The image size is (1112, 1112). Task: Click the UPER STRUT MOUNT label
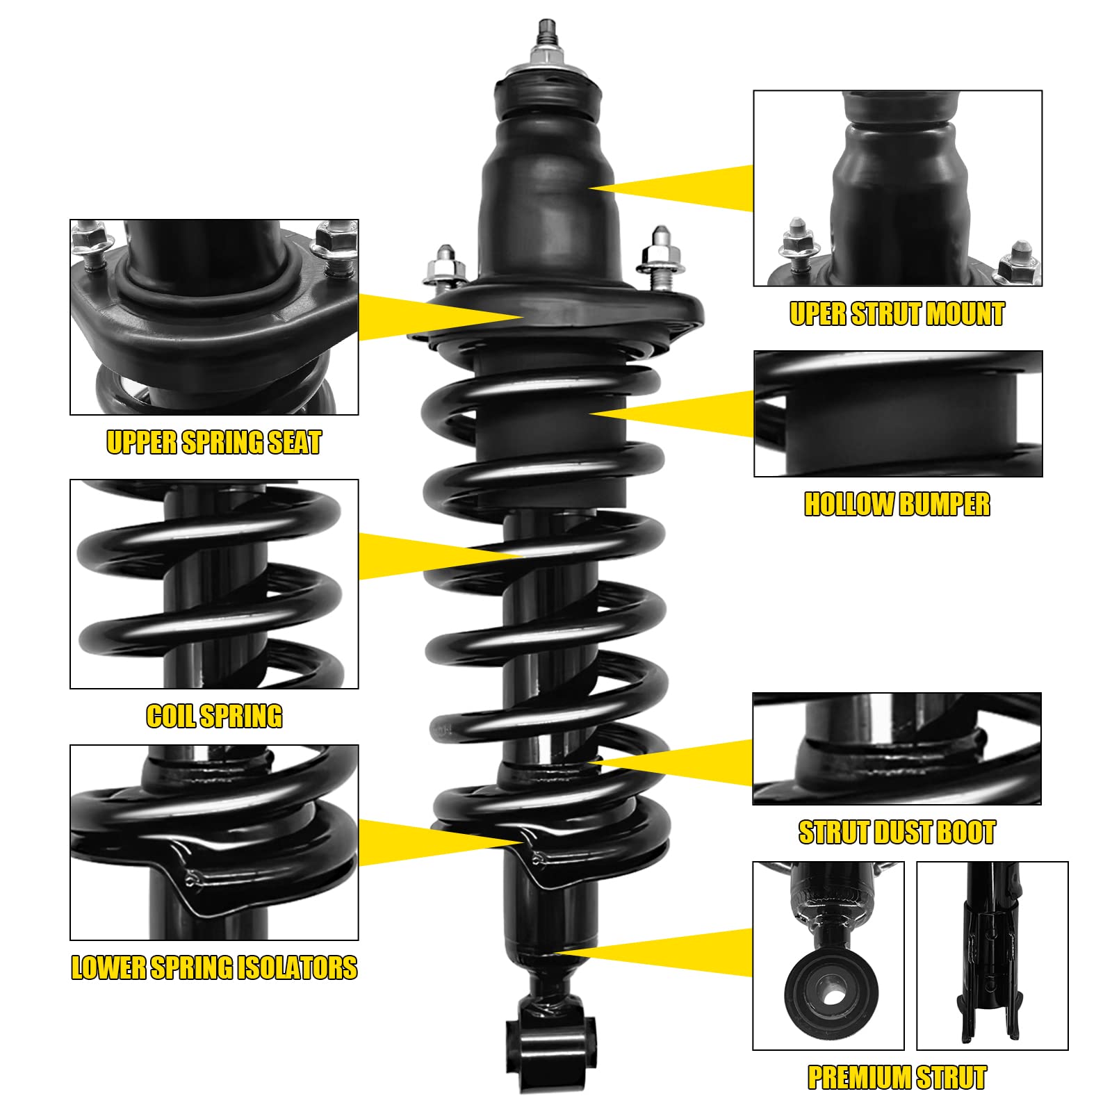897,314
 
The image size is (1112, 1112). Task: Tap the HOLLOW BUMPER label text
897,505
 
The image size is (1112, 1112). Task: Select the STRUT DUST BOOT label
897,832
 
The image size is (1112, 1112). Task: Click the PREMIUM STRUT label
897,1077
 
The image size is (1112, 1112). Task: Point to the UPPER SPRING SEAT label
214,443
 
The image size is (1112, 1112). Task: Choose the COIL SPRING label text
214,716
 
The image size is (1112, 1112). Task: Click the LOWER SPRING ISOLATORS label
214,967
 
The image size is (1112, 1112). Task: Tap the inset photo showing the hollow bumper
898,414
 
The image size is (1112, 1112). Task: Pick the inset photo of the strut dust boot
897,749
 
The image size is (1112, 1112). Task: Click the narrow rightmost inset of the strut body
992,956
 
